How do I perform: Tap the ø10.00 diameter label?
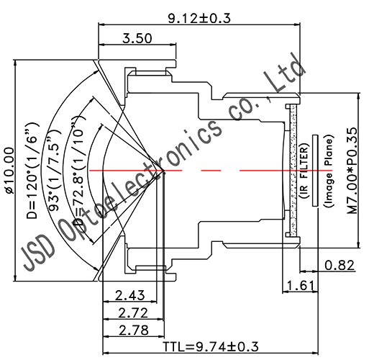tap(9, 171)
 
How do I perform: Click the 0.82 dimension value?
tap(340, 266)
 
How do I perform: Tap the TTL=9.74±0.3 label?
tap(211, 347)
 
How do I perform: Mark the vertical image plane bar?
tap(316, 171)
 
